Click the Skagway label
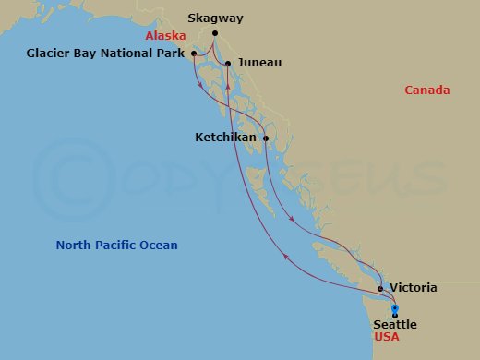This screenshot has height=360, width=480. coord(216,18)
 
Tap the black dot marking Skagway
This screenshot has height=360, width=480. coord(215,34)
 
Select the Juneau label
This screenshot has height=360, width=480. coord(259,63)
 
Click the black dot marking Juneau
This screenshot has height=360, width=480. coord(227,63)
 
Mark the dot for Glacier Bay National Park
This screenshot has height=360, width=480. coord(193,54)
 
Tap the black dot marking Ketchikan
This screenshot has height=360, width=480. coord(266,138)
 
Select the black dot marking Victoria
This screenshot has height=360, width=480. coord(380,288)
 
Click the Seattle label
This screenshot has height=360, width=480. coord(395,324)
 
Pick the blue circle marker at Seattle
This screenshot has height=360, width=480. coord(394,308)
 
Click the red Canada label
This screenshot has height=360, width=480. coord(427,90)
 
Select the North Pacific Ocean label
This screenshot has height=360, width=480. coord(116,246)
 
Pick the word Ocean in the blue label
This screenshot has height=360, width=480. coord(160,246)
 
